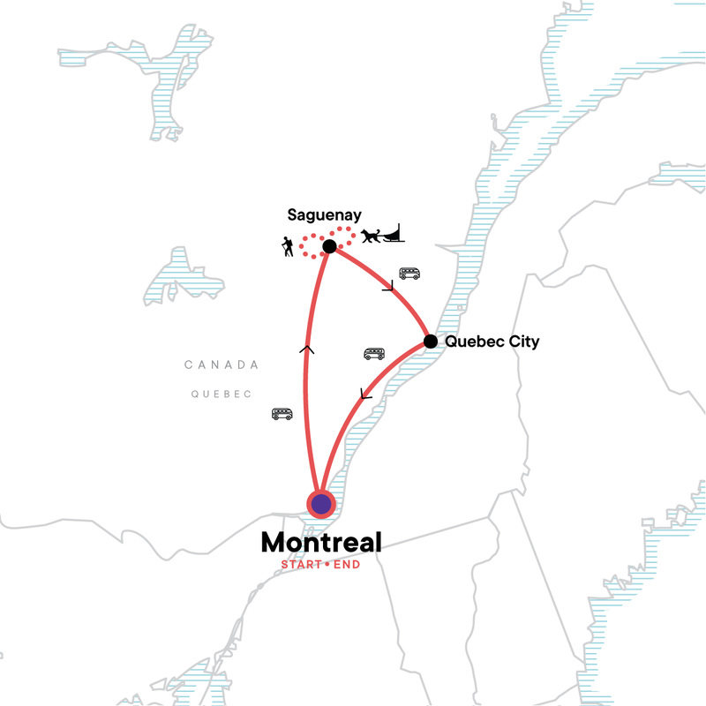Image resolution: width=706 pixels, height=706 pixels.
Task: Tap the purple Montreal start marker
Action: [x=321, y=504]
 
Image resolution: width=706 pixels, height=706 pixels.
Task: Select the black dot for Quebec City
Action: [x=431, y=342]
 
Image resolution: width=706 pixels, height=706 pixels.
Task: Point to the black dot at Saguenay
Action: [x=329, y=247]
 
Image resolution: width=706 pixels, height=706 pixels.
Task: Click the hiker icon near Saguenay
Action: [x=288, y=247]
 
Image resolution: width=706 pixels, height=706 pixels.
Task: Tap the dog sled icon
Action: [x=381, y=235]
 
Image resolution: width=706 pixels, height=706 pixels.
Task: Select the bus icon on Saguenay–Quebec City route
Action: [x=409, y=274]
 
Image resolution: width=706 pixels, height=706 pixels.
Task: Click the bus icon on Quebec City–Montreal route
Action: [x=374, y=354]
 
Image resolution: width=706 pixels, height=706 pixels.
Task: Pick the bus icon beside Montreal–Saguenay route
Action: [x=282, y=413]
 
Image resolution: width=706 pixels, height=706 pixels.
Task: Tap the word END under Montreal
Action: [x=347, y=565]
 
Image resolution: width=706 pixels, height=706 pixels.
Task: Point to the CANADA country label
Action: [x=222, y=364]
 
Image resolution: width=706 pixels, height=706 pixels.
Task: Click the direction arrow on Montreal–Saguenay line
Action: [x=306, y=349]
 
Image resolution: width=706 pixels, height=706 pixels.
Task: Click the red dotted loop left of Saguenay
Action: [x=311, y=246]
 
